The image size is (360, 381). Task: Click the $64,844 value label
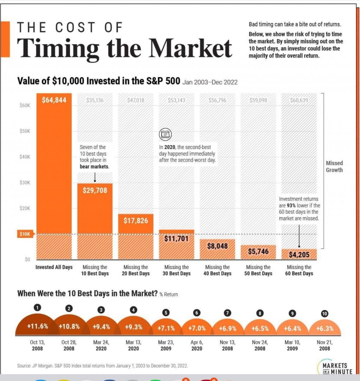tap(54, 100)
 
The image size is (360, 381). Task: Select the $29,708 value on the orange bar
tap(95, 190)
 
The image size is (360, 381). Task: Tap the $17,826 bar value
tap(136, 221)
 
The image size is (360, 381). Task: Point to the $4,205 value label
tap(299, 255)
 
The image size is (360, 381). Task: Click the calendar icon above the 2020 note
tap(165, 134)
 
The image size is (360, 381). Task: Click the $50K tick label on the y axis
tap(25, 131)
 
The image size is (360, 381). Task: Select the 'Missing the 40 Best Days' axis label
tap(218, 270)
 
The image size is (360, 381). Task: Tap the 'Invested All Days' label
tap(54, 267)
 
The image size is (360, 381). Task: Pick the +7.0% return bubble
tap(197, 328)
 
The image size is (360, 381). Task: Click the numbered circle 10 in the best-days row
tap(324, 314)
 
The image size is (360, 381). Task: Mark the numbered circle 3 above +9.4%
tap(101, 310)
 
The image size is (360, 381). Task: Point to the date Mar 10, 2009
tap(292, 345)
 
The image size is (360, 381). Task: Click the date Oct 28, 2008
tap(69, 345)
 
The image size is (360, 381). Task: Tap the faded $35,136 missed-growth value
tap(95, 100)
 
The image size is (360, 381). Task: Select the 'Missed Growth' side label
tap(334, 166)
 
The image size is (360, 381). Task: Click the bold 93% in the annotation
tap(291, 205)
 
